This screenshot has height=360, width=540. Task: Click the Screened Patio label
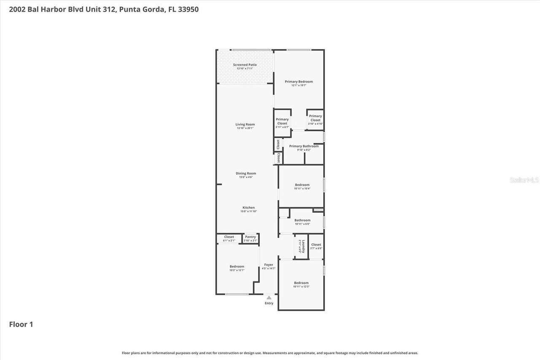245,65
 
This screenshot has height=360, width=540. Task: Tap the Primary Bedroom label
299,82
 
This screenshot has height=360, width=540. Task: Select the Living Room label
245,125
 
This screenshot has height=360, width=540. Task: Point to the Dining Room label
246,173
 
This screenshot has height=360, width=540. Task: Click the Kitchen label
248,208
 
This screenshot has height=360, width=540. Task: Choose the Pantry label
251,237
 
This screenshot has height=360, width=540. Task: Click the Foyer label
269,265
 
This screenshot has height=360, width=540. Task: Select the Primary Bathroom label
304,146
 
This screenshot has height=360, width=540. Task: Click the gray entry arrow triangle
269,298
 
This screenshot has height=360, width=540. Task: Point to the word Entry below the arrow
269,303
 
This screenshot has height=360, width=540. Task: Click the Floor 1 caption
21,325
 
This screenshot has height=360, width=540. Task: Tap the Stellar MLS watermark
524,180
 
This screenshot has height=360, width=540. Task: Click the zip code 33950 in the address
188,9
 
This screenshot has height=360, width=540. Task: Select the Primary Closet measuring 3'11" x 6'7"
282,122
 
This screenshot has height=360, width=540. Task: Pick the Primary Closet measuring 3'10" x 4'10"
315,118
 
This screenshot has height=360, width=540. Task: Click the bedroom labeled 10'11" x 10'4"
302,185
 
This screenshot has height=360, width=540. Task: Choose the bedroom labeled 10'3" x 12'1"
237,267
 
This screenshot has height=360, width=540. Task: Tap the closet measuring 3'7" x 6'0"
316,245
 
